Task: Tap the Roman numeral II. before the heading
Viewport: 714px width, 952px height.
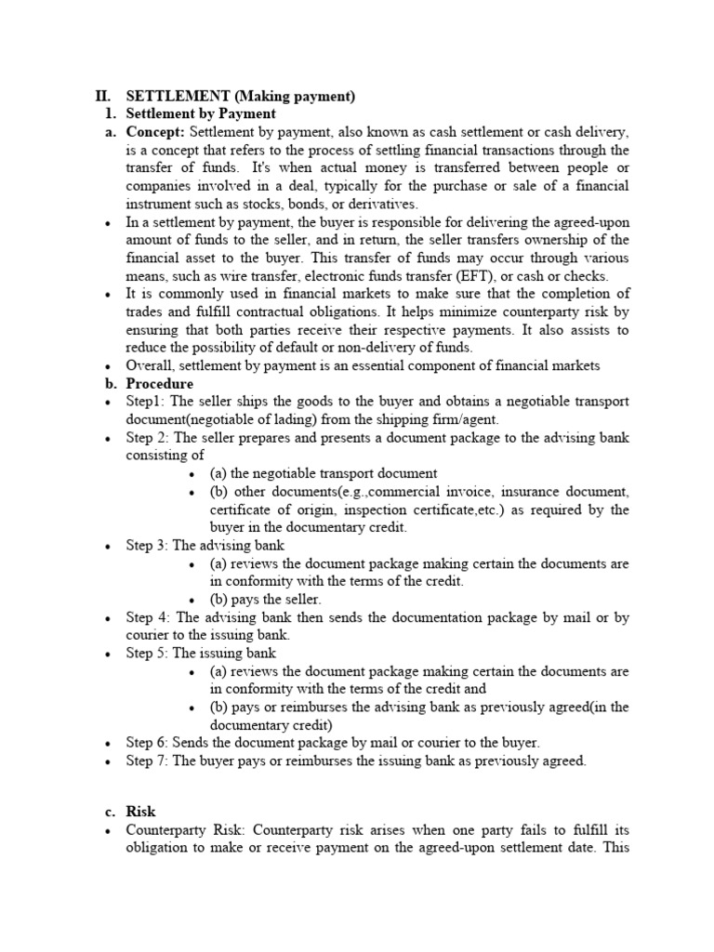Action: point(104,96)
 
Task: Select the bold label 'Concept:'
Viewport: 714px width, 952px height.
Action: point(155,132)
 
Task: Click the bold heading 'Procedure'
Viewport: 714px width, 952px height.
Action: point(160,384)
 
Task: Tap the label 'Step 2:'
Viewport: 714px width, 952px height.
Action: point(150,438)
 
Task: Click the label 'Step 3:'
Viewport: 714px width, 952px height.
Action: point(149,546)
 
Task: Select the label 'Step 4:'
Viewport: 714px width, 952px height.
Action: point(150,617)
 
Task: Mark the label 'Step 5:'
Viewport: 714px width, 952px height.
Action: point(149,654)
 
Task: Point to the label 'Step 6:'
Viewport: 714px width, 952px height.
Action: point(149,743)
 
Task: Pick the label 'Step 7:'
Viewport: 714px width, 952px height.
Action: point(149,760)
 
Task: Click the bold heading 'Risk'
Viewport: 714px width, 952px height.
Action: point(140,812)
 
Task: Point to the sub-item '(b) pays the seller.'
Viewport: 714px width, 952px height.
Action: point(266,600)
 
